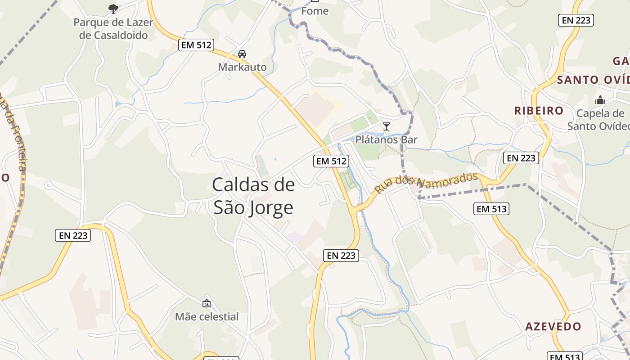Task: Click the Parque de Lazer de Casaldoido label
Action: click(x=113, y=29)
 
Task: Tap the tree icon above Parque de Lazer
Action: click(x=113, y=8)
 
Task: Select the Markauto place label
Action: click(x=242, y=67)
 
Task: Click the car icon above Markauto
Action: click(x=242, y=54)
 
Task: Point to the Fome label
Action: click(x=315, y=11)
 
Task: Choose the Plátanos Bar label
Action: click(x=386, y=139)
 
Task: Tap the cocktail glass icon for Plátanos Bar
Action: click(x=386, y=126)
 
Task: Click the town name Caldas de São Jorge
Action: click(x=253, y=196)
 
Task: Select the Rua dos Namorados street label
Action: click(x=426, y=183)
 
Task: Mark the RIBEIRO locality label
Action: click(x=539, y=111)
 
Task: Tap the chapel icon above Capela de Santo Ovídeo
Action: click(x=600, y=100)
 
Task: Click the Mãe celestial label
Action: click(x=207, y=316)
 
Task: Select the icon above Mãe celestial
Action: click(x=207, y=303)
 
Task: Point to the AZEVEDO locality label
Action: click(x=553, y=326)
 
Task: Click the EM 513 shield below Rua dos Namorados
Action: click(x=492, y=209)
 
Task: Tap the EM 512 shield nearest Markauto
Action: click(x=196, y=45)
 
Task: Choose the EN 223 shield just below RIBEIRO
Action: click(x=521, y=158)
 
